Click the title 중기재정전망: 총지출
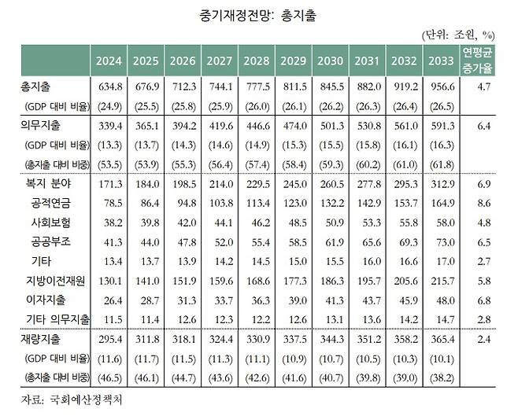pyautogui.click(x=259, y=15)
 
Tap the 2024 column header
pyautogui.click(x=109, y=61)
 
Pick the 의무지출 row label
pyautogui.click(x=39, y=126)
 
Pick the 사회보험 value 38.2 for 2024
pyautogui.click(x=109, y=222)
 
